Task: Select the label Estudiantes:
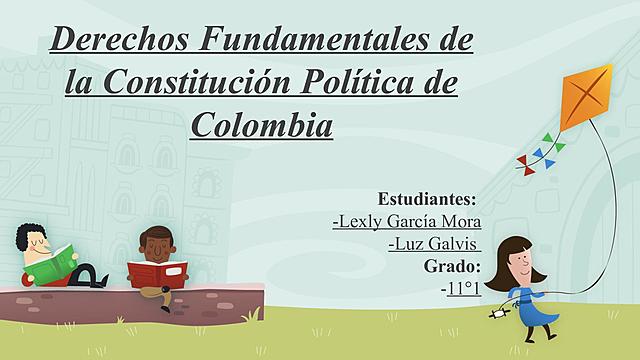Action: coord(427,198)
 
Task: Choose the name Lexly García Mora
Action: coord(407,220)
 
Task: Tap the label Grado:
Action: coord(452,265)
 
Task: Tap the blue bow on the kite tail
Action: coord(538,155)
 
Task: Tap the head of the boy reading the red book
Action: coord(154,244)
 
